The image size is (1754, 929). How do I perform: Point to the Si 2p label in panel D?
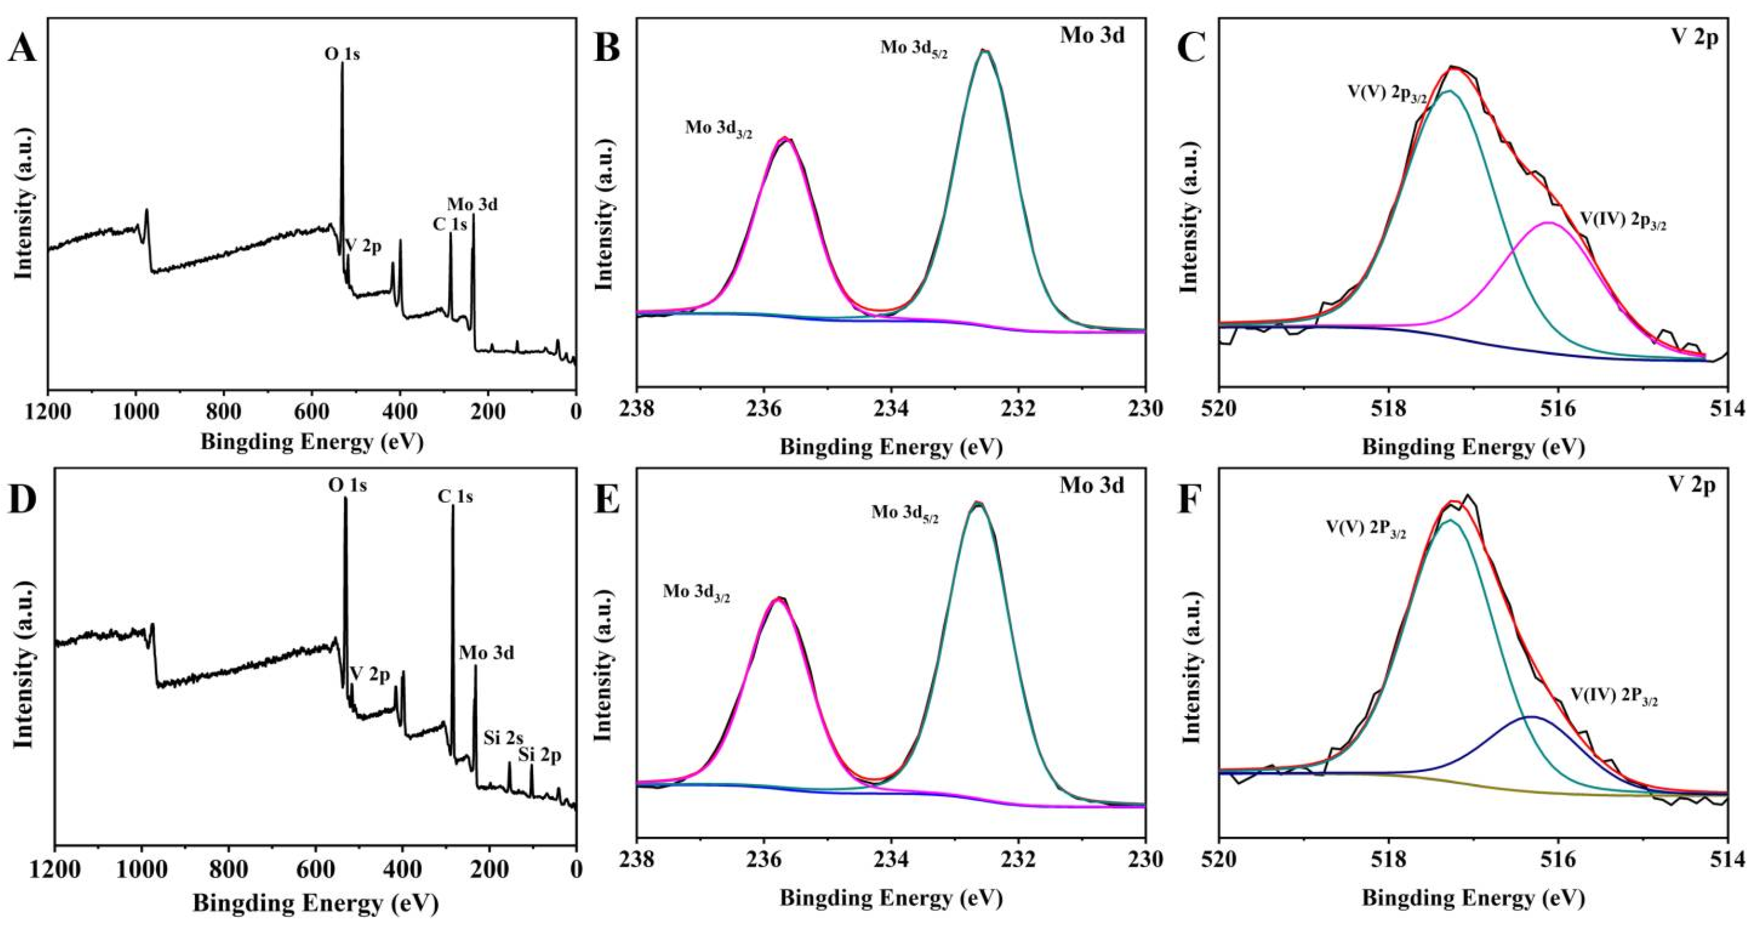point(540,755)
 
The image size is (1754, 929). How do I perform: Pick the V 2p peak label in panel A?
point(364,245)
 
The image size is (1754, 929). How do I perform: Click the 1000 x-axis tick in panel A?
point(136,413)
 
